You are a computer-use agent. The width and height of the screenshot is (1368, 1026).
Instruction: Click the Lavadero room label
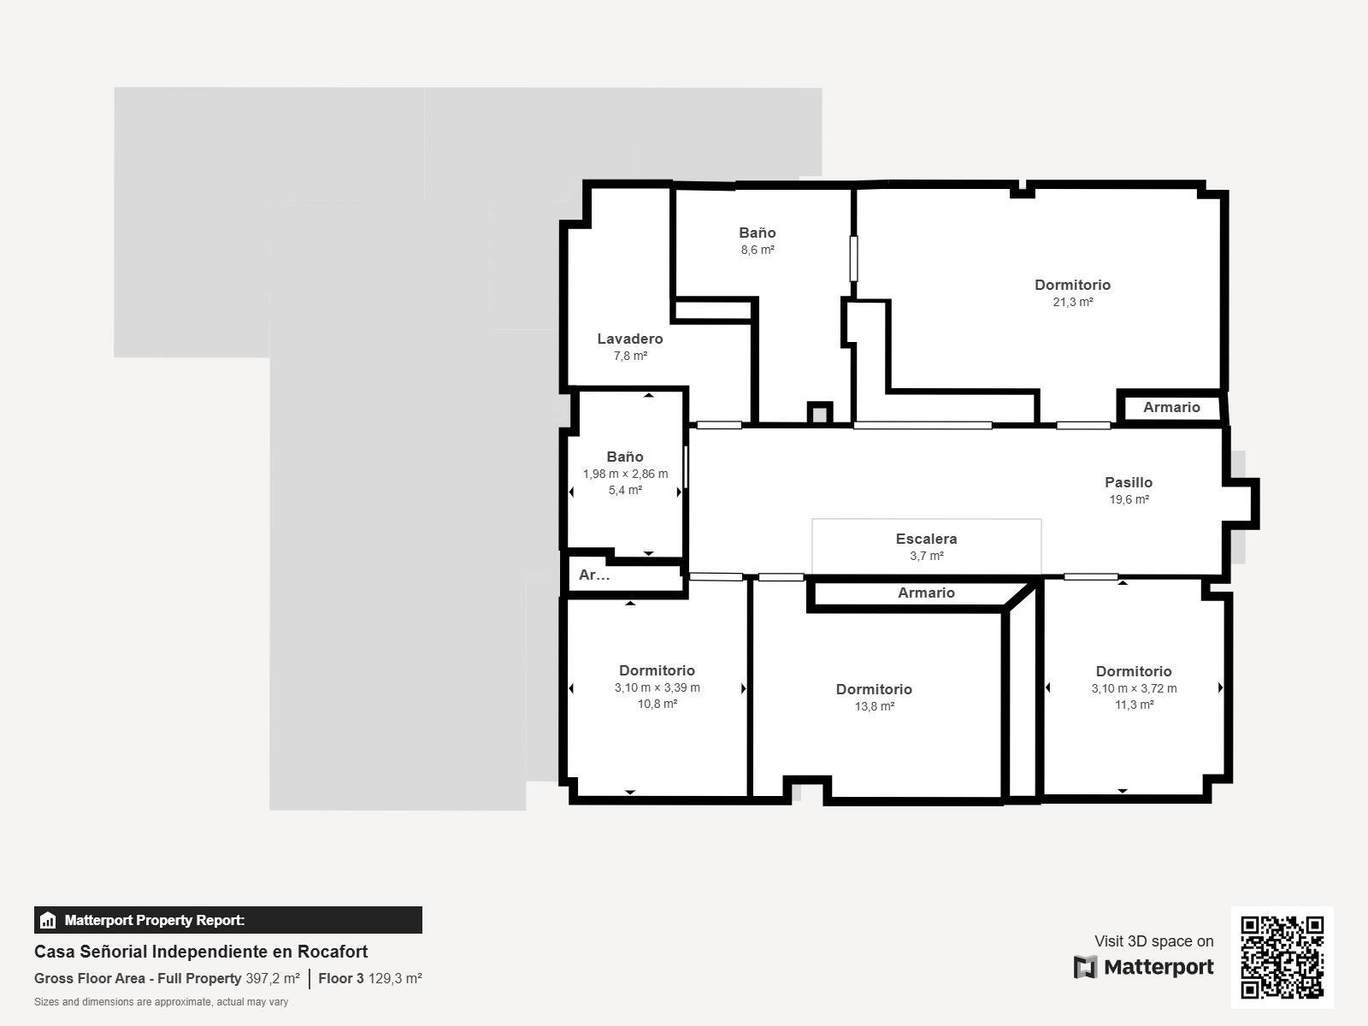629,339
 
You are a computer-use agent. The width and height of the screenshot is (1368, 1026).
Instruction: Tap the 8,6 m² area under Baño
758,250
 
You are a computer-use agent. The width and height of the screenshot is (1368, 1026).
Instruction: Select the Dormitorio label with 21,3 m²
1072,285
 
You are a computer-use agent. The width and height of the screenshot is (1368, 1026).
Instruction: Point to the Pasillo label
1128,482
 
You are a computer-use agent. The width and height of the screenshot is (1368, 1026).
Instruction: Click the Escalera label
926,539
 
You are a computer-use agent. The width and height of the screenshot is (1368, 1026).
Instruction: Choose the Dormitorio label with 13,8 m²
874,689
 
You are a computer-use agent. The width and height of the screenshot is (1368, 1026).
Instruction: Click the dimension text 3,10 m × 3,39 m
657,687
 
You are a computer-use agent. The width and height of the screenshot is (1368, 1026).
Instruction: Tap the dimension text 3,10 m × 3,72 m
1134,688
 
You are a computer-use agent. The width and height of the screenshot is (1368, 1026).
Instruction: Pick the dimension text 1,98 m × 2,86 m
625,474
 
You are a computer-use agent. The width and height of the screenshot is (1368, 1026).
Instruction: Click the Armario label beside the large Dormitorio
1171,408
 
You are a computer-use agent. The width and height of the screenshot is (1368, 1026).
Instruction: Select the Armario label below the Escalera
926,593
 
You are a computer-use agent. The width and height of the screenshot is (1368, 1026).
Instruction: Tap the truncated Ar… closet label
594,575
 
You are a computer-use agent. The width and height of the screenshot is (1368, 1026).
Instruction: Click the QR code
1282,958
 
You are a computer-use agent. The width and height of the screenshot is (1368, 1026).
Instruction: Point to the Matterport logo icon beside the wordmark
1085,967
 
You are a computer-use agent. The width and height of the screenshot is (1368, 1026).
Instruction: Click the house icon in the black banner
48,920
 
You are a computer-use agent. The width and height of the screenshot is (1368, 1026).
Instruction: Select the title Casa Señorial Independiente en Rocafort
201,952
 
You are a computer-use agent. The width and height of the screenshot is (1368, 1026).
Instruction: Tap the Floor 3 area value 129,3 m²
395,979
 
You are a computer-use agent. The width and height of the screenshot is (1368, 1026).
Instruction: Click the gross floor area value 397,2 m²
273,979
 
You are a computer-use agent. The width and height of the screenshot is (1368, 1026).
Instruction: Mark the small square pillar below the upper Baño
820,414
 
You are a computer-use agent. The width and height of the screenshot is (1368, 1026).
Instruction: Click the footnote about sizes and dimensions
161,1002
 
